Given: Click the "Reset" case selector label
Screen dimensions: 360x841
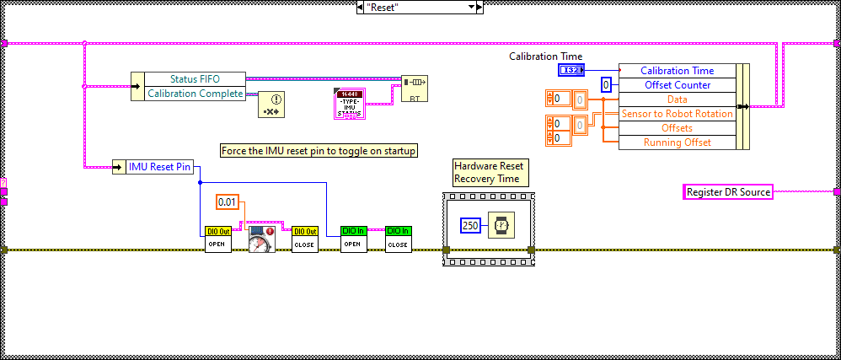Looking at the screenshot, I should (413, 7).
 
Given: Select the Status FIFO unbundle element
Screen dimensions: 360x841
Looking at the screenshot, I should (196, 79).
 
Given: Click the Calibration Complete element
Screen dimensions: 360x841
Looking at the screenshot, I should (196, 94).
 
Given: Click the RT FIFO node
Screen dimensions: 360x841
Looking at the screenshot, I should (414, 88).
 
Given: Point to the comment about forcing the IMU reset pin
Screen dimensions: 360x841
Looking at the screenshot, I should (319, 150).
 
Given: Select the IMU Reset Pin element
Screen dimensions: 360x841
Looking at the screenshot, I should (159, 168).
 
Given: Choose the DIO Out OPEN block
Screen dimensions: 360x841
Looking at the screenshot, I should (217, 239).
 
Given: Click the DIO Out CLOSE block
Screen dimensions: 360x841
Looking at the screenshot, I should (305, 239).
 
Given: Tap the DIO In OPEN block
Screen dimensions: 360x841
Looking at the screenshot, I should (353, 239).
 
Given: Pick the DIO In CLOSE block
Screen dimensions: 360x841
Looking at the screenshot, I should (399, 239).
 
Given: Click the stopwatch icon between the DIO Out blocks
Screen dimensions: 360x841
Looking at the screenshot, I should (261, 239).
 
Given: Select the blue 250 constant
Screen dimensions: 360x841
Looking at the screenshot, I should (470, 226).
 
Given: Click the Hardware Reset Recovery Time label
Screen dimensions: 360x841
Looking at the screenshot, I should (490, 173).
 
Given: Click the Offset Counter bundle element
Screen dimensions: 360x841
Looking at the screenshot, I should (677, 85).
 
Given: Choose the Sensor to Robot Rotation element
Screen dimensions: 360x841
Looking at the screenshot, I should (677, 114).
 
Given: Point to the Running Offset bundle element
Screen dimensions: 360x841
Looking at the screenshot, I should (677, 142).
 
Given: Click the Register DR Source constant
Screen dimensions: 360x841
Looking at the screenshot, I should (727, 192).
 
